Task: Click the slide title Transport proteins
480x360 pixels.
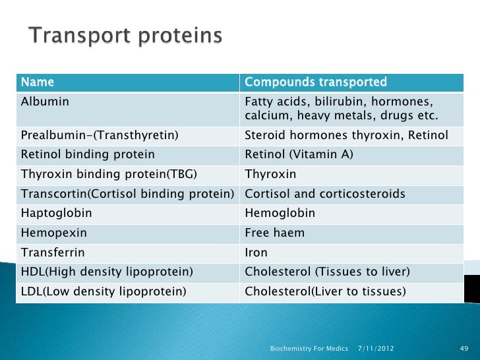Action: [125, 36]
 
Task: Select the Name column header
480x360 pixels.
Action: [38, 83]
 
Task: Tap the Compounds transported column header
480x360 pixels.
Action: [315, 83]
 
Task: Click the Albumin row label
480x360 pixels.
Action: [45, 102]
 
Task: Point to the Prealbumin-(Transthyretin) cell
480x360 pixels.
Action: [100, 136]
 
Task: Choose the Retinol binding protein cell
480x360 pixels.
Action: [88, 155]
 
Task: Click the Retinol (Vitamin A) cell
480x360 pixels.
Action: [299, 155]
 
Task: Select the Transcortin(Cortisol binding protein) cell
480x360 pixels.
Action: [128, 195]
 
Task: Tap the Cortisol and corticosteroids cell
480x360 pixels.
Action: [324, 195]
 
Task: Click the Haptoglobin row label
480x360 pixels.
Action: [57, 214]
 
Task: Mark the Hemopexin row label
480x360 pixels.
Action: [53, 233]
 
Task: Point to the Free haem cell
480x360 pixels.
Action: [274, 233]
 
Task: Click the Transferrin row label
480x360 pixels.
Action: [53, 252]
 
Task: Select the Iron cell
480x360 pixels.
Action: [256, 252]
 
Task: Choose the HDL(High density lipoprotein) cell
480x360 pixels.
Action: [107, 272]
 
